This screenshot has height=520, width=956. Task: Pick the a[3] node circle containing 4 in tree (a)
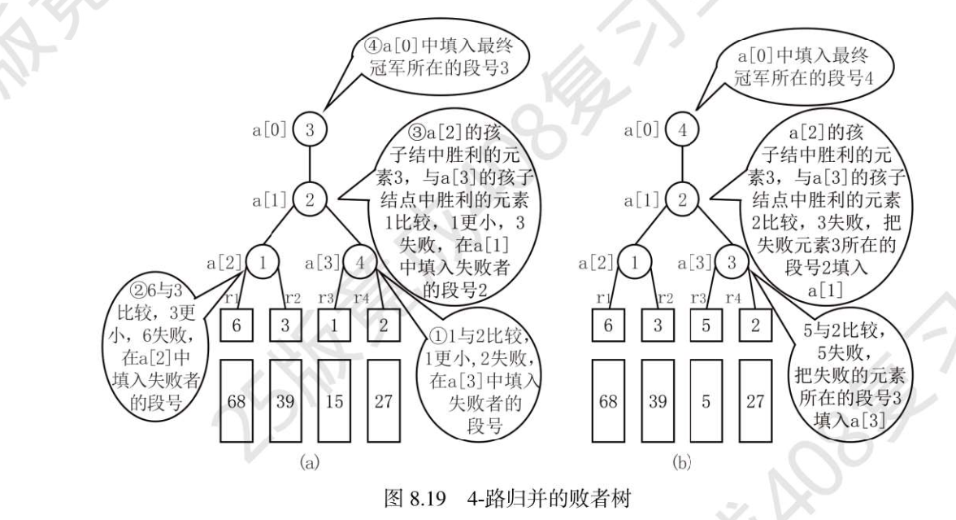[x=358, y=264]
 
